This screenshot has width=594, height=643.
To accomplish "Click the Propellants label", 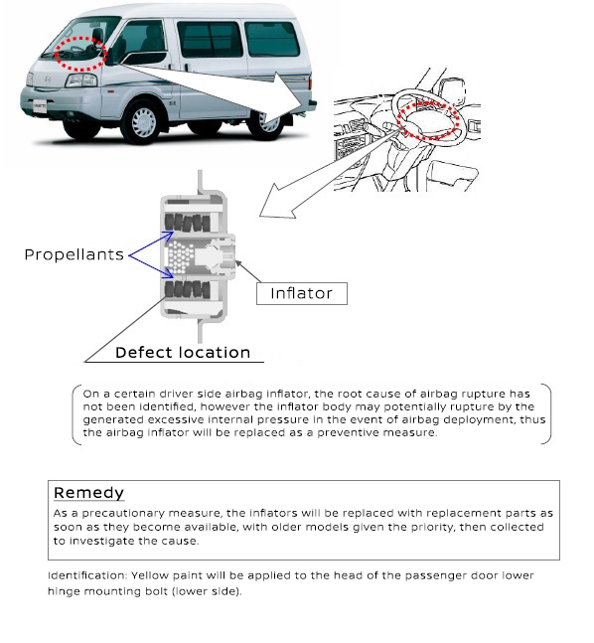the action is (x=74, y=254).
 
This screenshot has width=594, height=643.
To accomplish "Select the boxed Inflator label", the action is (x=302, y=293).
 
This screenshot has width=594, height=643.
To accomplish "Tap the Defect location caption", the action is (x=183, y=353).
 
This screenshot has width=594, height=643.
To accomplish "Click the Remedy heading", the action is (x=88, y=493).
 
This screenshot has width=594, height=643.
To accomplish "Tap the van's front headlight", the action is (x=81, y=80).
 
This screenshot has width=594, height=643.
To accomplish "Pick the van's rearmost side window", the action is (x=272, y=39).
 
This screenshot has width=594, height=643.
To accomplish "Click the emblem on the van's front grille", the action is (x=48, y=80).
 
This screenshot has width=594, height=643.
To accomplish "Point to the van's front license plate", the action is (x=40, y=106).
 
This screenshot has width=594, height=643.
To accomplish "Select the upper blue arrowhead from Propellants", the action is (x=169, y=236).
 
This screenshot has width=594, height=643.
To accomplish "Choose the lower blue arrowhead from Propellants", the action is (x=169, y=273).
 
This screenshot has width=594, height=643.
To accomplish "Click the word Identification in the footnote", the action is (x=87, y=575).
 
